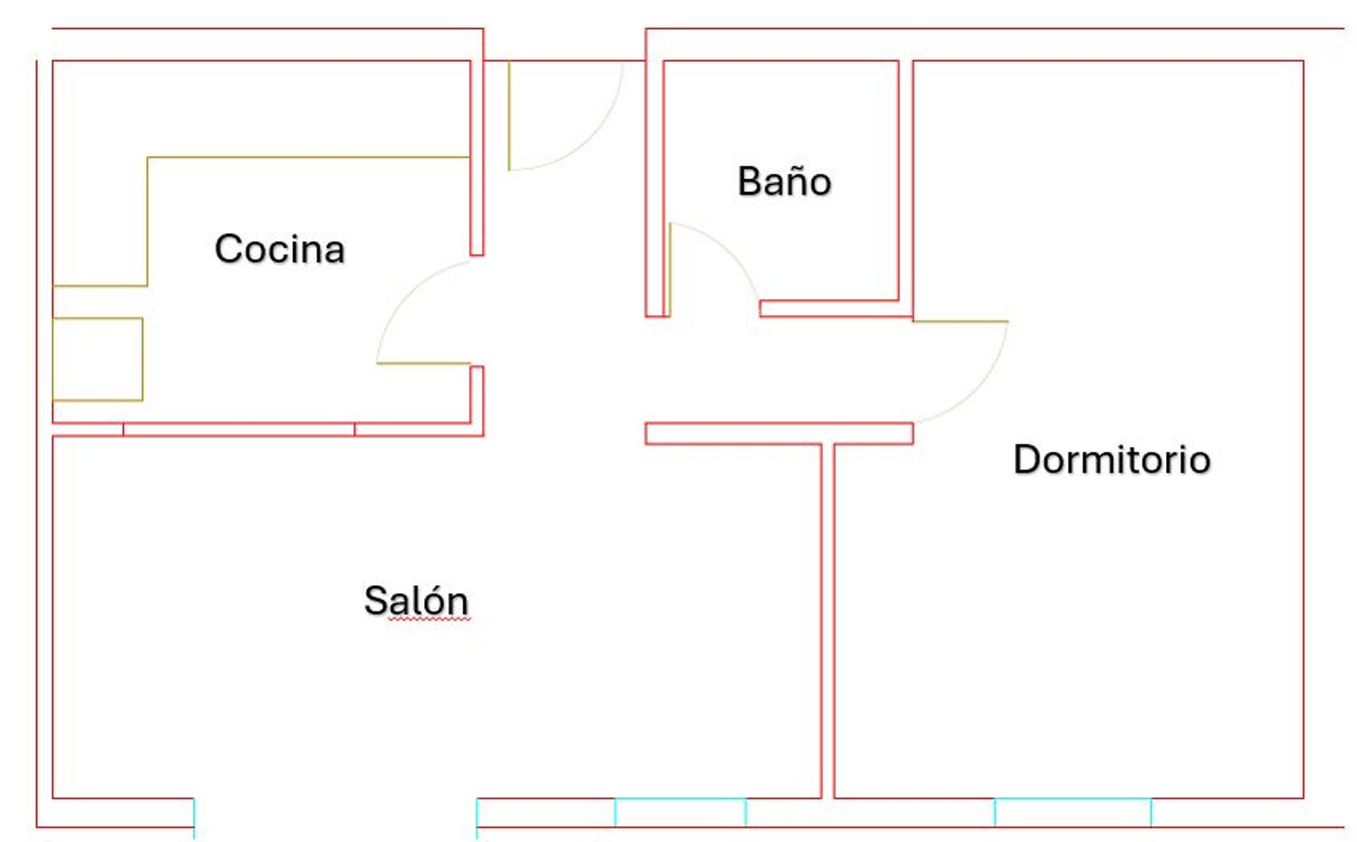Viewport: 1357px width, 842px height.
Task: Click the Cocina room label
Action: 280,249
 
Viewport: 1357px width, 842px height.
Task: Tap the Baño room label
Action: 784,181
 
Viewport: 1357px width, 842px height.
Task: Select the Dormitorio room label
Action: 1112,459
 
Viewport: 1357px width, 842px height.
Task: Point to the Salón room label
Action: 417,600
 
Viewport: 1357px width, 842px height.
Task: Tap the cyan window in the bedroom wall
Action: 1073,812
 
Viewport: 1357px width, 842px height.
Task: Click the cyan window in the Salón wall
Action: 680,812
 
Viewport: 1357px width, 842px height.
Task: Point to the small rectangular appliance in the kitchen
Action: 98,359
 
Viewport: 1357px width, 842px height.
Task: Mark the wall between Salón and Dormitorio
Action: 828,621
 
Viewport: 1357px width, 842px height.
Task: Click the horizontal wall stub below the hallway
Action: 779,434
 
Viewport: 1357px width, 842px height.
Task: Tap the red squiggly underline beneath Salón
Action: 429,619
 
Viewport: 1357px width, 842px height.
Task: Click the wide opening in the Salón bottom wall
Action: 336,813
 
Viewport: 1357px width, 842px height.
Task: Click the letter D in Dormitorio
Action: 1026,459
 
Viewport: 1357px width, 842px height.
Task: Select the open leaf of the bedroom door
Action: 961,321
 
